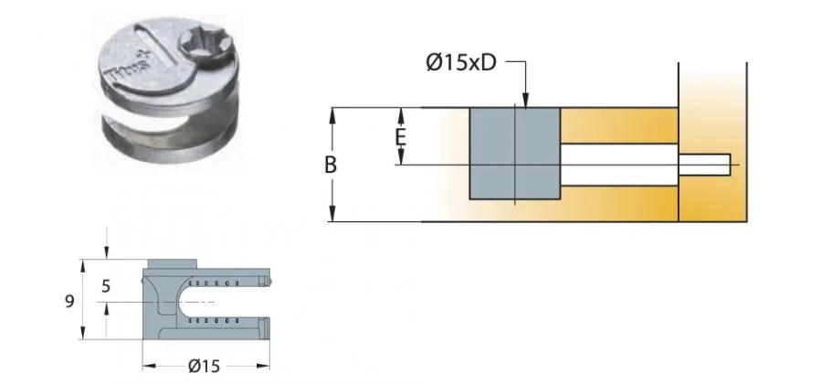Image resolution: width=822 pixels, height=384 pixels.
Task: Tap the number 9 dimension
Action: (69, 299)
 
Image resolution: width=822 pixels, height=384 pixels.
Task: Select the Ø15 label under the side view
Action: (205, 367)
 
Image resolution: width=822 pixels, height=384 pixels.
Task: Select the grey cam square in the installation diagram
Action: (514, 153)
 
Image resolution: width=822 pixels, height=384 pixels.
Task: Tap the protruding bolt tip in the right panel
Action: (705, 165)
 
